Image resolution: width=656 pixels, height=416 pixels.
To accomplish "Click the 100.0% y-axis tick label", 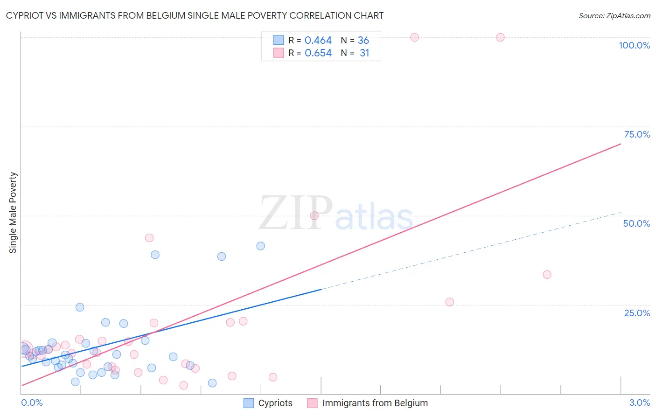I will click(x=634, y=45).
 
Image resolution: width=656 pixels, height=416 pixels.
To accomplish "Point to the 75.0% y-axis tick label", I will click(x=637, y=134).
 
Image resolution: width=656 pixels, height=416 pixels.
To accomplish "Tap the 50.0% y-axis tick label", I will click(x=636, y=223).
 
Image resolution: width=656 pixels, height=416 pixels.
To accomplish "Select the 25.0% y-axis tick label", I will click(x=637, y=312).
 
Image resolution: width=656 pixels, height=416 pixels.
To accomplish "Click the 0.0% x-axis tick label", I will click(x=32, y=402).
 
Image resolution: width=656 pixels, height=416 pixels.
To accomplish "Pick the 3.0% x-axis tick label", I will click(x=639, y=402).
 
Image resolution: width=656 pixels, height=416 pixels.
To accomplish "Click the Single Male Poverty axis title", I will click(x=13, y=213).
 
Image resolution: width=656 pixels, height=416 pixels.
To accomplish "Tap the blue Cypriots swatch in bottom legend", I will click(x=249, y=403).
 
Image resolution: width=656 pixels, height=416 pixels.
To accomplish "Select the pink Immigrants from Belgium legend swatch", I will click(x=312, y=403).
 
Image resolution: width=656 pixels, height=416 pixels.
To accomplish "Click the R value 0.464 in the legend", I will click(x=318, y=41).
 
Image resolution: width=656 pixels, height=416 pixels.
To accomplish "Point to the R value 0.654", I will click(x=318, y=53).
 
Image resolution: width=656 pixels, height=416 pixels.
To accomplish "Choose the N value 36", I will click(x=363, y=41).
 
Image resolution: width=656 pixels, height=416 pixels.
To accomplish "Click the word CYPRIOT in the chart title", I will click(x=27, y=15).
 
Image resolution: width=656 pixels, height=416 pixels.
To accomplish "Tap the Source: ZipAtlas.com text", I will click(x=614, y=16).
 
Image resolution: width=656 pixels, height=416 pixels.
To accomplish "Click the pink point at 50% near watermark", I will click(x=314, y=215).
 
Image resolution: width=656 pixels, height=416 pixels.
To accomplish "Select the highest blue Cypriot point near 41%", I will click(x=261, y=246).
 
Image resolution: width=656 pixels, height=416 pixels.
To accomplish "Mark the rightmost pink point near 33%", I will click(x=547, y=274).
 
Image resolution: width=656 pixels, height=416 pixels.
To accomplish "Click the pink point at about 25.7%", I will click(x=449, y=302).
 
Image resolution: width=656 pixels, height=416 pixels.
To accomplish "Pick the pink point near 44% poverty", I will click(x=149, y=238).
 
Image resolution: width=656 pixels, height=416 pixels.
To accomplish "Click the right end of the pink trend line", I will click(x=621, y=144).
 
